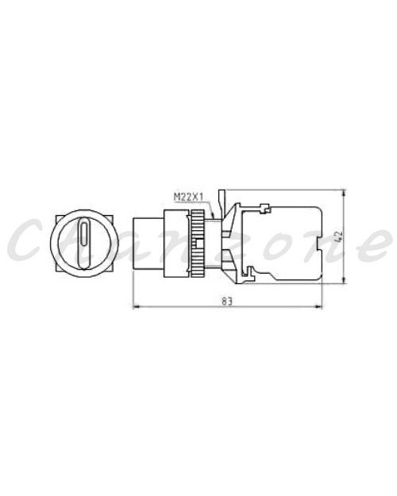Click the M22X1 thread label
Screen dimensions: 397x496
pyautogui.click(x=188, y=198)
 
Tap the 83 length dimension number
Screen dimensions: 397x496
pyautogui.click(x=226, y=302)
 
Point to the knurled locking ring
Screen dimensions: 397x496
pyautogui.click(x=197, y=244)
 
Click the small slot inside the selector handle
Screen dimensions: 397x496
pyautogui.click(x=84, y=234)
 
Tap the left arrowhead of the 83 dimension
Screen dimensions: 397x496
pyautogui.click(x=136, y=306)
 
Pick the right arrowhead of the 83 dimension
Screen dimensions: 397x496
pyautogui.click(x=318, y=306)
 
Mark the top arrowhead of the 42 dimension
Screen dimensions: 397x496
pyautogui.click(x=344, y=194)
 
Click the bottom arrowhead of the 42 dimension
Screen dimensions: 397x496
pyautogui.click(x=344, y=279)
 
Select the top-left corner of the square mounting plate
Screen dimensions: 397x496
pyautogui.click(x=56, y=215)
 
